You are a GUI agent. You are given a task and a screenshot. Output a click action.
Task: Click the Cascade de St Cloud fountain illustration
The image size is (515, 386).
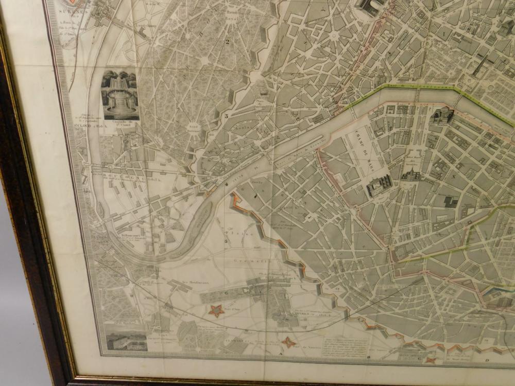(x=120, y=95)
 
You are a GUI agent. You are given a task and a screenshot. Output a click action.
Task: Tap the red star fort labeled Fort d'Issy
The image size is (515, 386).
(x=217, y=310)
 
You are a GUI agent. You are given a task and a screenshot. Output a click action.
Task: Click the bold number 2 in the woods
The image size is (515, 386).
(x=227, y=42)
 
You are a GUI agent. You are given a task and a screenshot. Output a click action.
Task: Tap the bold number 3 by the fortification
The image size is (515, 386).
(x=226, y=116)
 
